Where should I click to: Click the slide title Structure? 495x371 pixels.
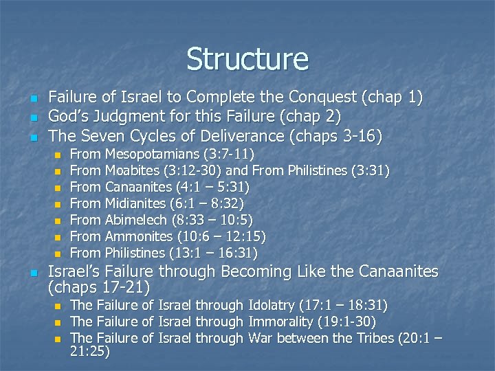pyautogui.click(x=247, y=59)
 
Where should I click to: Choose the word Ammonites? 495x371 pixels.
pyautogui.click(x=139, y=236)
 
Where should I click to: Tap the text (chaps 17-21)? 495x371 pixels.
pyautogui.click(x=100, y=286)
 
